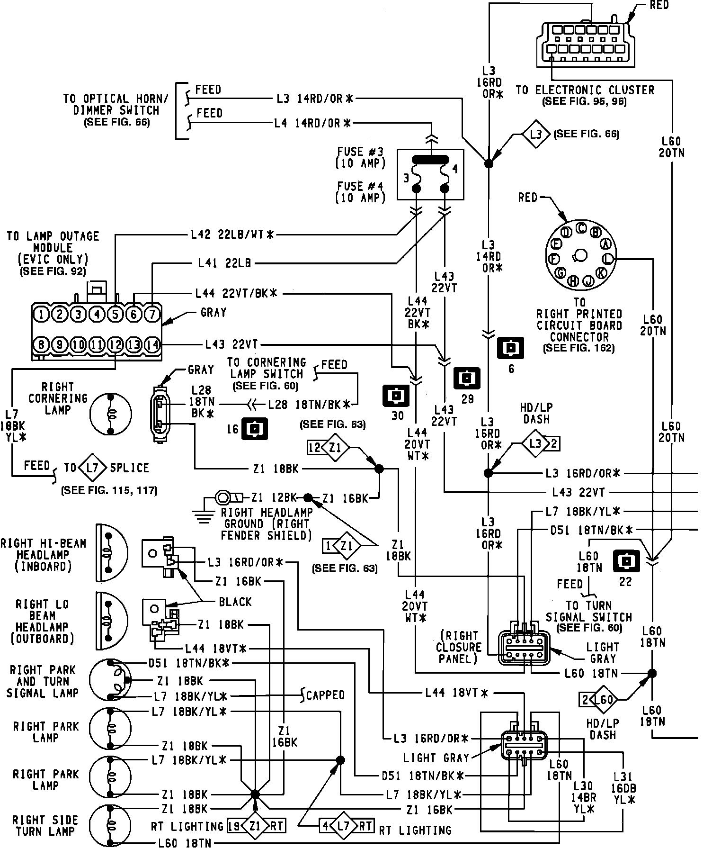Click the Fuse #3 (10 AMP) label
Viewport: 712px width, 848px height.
pos(360,158)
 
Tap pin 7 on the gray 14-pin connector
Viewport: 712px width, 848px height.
pos(152,314)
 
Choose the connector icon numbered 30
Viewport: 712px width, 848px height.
pos(396,396)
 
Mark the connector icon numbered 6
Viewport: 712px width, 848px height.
pos(511,348)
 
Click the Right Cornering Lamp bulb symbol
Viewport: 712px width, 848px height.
pos(111,414)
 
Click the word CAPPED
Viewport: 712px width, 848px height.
pos(325,695)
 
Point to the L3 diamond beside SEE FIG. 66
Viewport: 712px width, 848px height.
pos(536,135)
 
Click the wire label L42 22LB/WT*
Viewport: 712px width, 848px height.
pos(232,234)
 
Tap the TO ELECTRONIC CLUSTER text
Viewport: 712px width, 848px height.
pos(585,90)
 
